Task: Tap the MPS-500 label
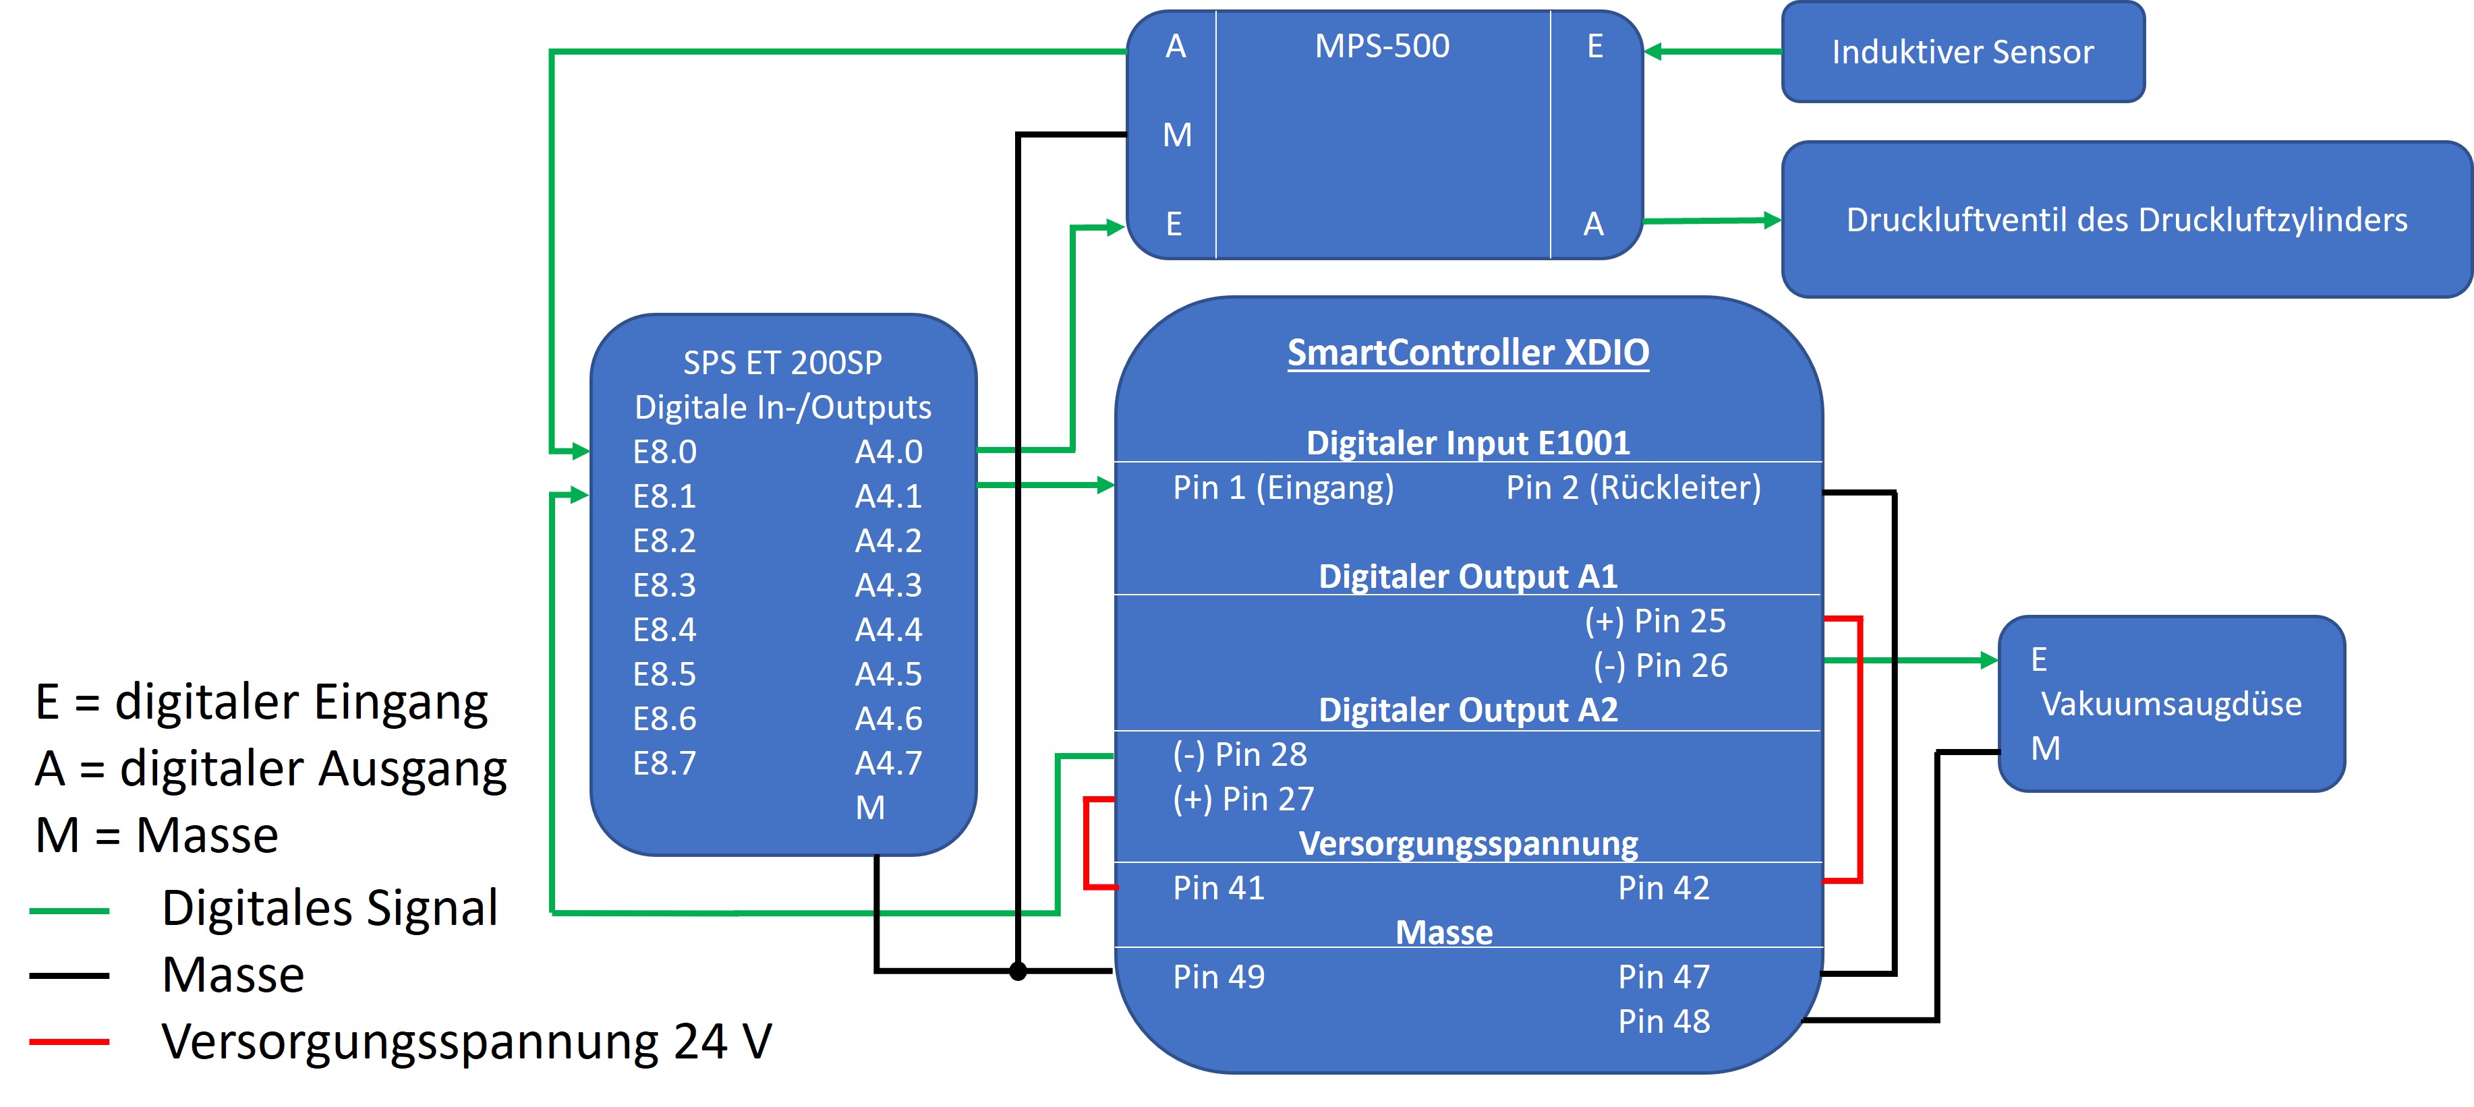point(1381,46)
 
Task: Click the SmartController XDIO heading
point(1468,353)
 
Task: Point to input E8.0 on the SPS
point(664,451)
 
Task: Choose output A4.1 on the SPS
point(888,496)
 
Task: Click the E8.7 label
point(664,763)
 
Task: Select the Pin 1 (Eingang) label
point(1283,487)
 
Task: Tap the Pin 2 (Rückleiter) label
point(1633,487)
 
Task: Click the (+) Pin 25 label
point(1655,621)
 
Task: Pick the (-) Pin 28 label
point(1240,754)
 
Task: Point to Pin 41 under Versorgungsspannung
point(1219,888)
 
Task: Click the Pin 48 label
point(1663,1021)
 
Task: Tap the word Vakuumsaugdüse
point(2170,704)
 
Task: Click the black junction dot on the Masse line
point(1018,971)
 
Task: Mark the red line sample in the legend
point(69,1042)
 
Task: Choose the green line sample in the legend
point(69,909)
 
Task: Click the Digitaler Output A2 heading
point(1468,711)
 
